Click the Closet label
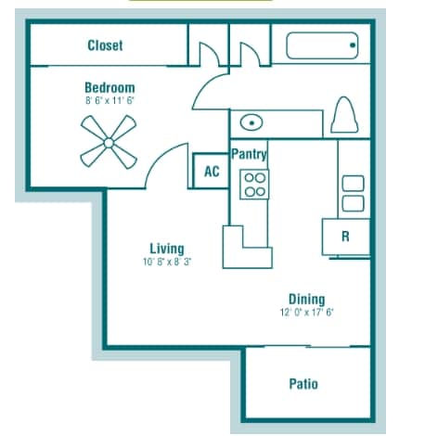105,45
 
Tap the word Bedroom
109,88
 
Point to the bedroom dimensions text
109,101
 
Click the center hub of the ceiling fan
109,143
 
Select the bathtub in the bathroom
322,45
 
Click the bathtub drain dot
353,45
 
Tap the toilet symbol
344,115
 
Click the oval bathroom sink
251,122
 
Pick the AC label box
212,171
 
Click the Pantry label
249,154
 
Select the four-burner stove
254,185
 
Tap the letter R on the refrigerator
345,237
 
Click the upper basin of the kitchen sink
353,184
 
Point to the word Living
167,249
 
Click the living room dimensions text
167,263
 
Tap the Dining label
307,300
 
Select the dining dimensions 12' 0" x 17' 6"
307,313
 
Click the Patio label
303,384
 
